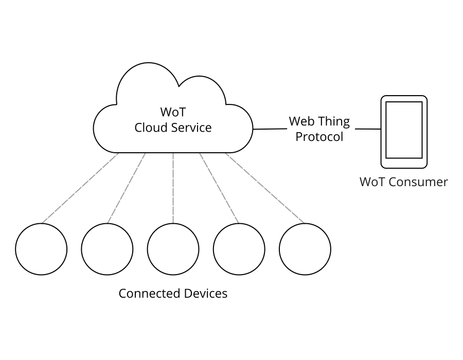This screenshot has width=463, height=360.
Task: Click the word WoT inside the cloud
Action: [172, 112]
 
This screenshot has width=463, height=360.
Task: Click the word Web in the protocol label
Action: [300, 121]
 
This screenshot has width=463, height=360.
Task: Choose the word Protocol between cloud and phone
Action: [319, 137]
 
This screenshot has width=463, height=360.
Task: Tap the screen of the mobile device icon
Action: [404, 130]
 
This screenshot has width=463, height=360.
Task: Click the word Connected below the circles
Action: [146, 293]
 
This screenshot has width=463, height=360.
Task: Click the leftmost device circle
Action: [41, 249]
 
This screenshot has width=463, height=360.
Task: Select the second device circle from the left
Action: [107, 249]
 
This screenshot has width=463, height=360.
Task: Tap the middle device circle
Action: [173, 249]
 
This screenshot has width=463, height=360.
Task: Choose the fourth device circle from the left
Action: [239, 249]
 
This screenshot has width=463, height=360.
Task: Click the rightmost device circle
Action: [305, 249]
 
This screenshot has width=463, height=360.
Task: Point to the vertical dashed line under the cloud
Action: [173, 188]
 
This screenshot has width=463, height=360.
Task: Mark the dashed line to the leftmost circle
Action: [80, 188]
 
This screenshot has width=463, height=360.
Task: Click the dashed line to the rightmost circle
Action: [265, 188]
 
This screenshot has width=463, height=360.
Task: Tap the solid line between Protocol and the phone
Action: [367, 129]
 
